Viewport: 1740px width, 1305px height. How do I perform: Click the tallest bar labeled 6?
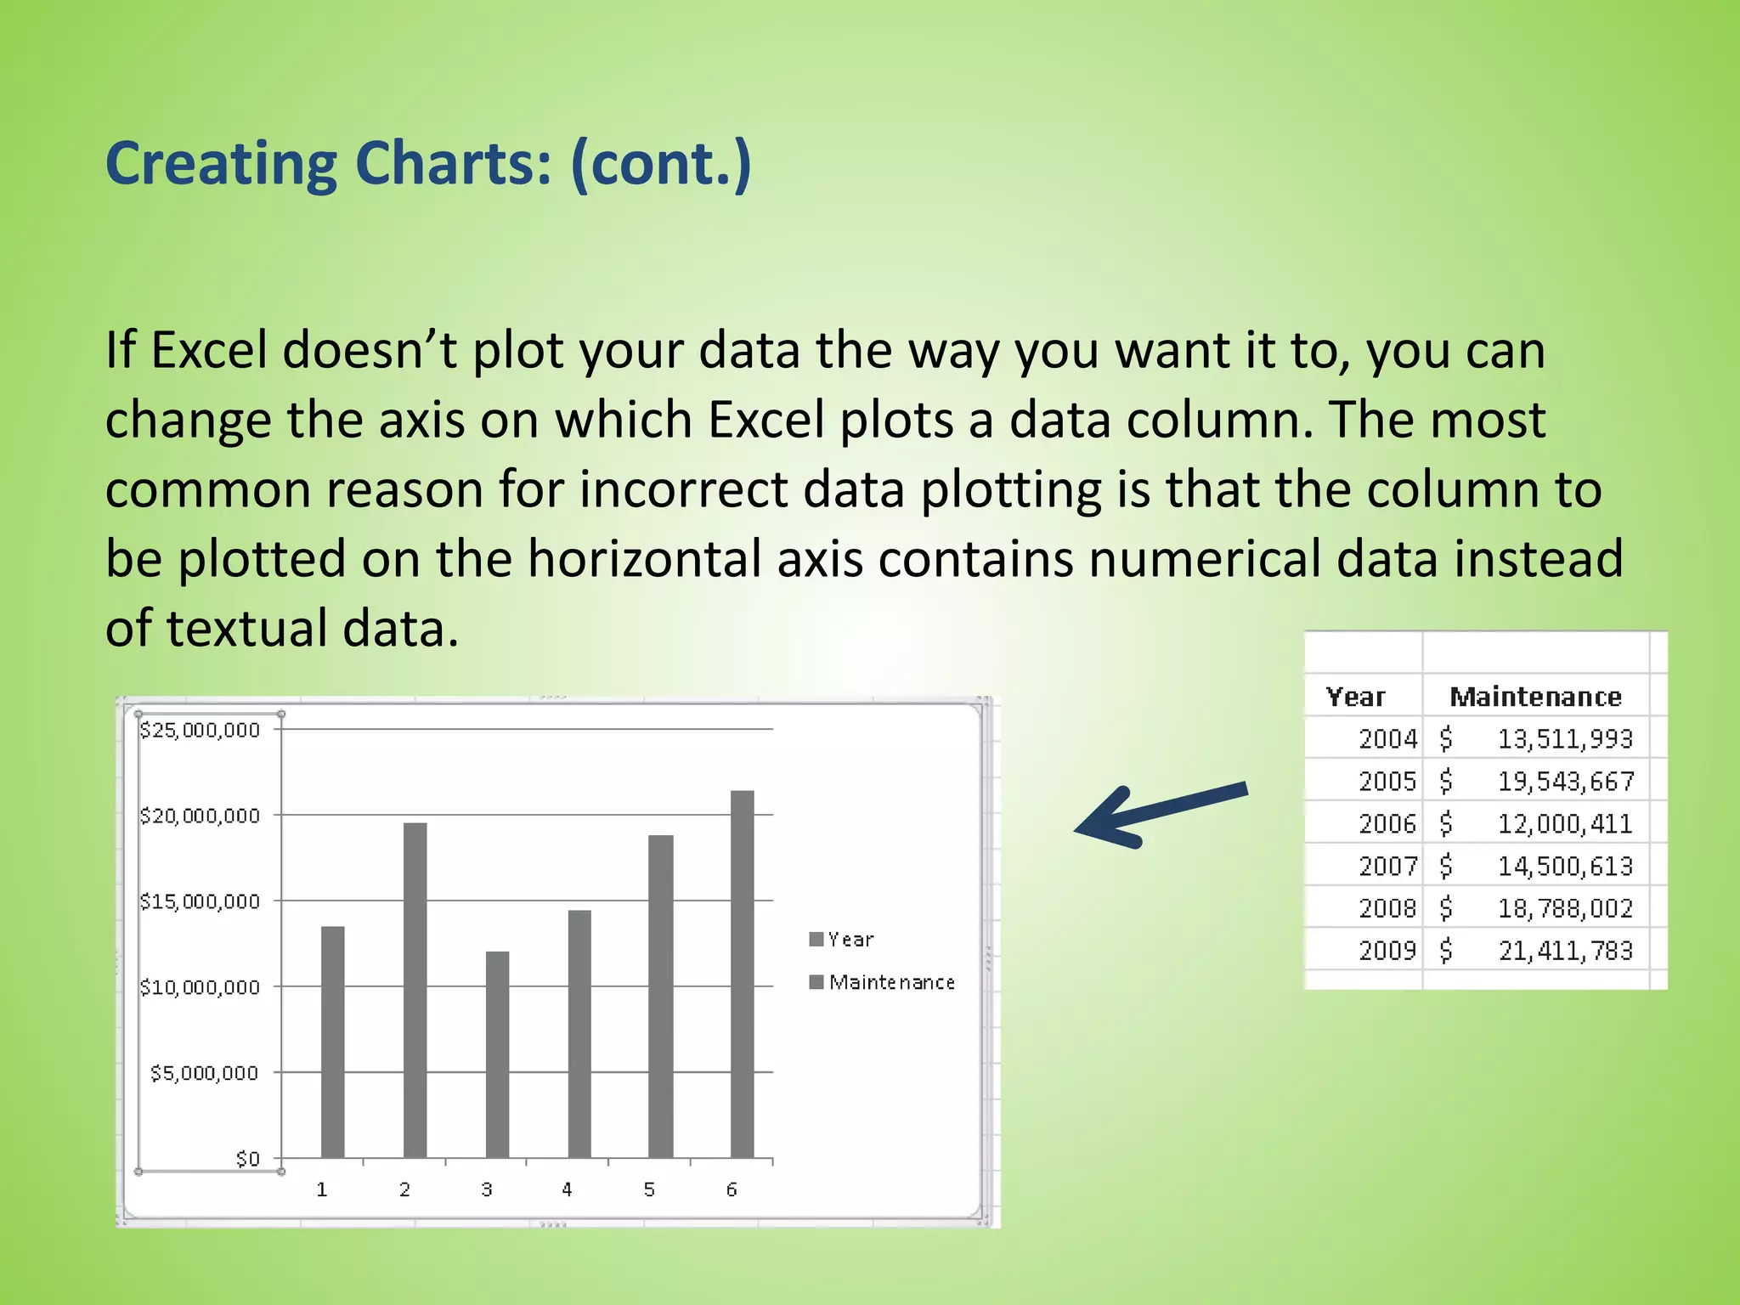pos(742,974)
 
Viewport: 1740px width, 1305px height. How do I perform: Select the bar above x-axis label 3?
pos(497,1054)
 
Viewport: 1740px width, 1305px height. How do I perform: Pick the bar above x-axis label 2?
pos(415,990)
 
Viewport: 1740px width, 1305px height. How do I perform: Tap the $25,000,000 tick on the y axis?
pos(200,730)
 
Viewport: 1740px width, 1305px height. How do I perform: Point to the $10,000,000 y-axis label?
pos(200,987)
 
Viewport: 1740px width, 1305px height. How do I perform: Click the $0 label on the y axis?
pos(247,1159)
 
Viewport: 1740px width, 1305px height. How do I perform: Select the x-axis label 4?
pos(567,1189)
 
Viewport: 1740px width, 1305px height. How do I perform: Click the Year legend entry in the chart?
pos(841,940)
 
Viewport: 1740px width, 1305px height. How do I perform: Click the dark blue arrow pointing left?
pos(1160,814)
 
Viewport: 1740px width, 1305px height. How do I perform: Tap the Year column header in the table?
pos(1355,698)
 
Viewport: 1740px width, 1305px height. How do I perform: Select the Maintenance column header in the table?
pos(1535,698)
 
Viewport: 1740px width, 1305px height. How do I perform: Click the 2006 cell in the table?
pos(1387,823)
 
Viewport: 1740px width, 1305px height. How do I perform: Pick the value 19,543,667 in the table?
pos(1565,781)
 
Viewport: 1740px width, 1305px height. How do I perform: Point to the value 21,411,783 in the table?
pos(1565,951)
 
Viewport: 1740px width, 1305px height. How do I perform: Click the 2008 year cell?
pos(1387,908)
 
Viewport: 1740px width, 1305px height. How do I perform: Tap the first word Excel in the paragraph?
pos(209,350)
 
